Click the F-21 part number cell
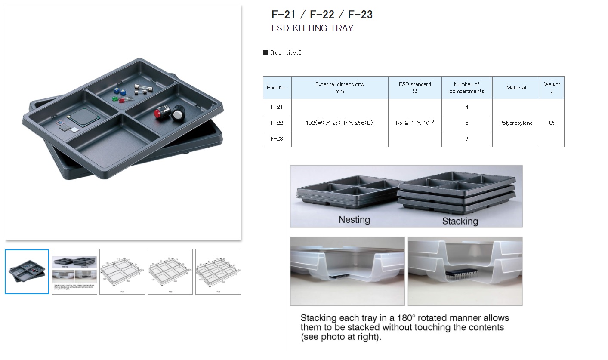pyautogui.click(x=277, y=107)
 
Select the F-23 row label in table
pyautogui.click(x=277, y=138)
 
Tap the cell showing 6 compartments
pyautogui.click(x=466, y=123)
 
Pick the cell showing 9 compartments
pyautogui.click(x=466, y=139)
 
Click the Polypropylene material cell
pyautogui.click(x=516, y=123)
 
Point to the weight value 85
pyautogui.click(x=552, y=123)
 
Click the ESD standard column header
pyautogui.click(x=415, y=88)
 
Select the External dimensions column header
pyautogui.click(x=339, y=88)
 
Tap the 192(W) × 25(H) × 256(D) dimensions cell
pyautogui.click(x=339, y=123)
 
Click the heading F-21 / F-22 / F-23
pyautogui.click(x=322, y=15)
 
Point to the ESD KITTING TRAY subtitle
pyautogui.click(x=312, y=28)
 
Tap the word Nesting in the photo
pyautogui.click(x=354, y=220)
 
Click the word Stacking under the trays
pyautogui.click(x=460, y=221)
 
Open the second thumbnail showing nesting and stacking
pyautogui.click(x=74, y=272)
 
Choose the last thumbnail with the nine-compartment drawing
pyautogui.click(x=218, y=272)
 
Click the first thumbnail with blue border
pyautogui.click(x=27, y=272)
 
